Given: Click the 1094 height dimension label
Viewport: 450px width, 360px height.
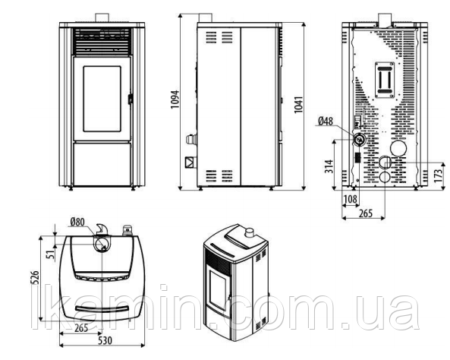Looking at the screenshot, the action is point(175,99).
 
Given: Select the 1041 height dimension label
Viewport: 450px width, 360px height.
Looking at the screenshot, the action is point(299,105).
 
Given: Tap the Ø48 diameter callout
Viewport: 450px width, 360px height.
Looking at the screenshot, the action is point(326,122).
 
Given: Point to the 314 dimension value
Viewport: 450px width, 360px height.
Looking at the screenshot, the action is point(329,166).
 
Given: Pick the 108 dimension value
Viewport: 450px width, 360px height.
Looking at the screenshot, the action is point(351,199).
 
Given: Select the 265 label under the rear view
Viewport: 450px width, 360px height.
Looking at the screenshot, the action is point(365,213).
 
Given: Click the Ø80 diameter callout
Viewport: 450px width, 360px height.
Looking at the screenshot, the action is point(77,222).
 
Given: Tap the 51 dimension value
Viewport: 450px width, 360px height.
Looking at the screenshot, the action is point(51,254).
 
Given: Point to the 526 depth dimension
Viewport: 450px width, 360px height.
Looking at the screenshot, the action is point(35,277).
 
